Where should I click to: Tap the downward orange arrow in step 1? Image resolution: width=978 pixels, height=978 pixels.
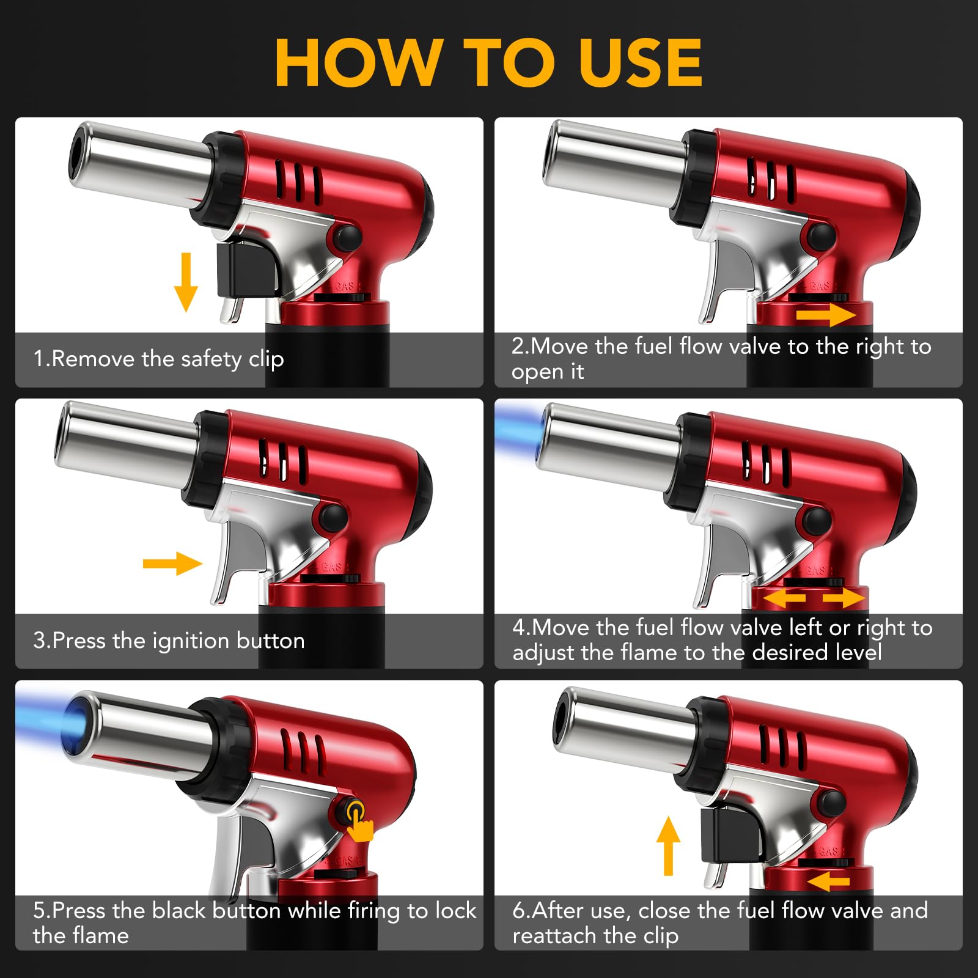coord(186,282)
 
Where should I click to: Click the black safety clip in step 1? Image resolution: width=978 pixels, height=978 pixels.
coord(248,269)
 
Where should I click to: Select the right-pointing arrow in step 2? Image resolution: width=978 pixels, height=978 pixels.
coord(826,315)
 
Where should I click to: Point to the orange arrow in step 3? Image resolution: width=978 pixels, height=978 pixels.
coord(172,563)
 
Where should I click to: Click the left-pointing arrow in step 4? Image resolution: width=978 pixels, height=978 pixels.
coord(784,597)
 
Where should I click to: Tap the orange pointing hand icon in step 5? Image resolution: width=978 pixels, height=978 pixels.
coord(359,822)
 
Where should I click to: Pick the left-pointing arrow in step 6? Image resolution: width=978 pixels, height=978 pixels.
coord(828,881)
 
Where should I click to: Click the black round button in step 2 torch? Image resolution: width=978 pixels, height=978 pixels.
coord(821,237)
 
